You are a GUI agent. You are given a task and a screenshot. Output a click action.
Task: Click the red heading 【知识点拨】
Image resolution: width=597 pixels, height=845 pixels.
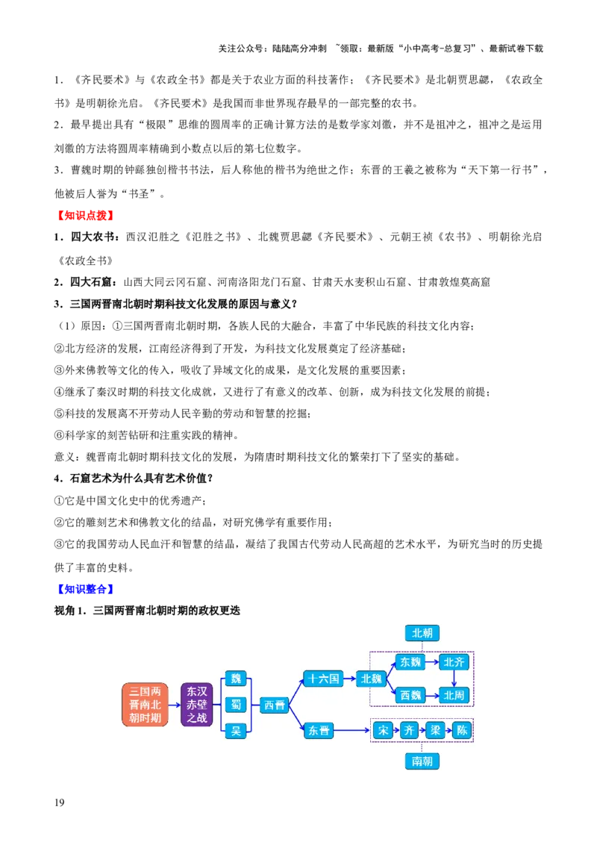85,216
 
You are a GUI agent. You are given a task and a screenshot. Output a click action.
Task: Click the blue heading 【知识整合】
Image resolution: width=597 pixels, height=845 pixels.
85,589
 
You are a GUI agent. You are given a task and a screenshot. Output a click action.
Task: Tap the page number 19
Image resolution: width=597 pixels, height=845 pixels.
59,802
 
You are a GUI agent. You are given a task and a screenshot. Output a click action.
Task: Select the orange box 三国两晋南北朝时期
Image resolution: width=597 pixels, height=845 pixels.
145,705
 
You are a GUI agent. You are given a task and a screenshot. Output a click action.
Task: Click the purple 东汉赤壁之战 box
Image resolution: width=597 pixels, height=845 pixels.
197,705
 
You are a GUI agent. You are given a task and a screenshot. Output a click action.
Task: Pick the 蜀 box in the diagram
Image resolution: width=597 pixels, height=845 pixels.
236,705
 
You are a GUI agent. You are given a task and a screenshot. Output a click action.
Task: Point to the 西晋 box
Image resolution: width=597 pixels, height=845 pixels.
275,705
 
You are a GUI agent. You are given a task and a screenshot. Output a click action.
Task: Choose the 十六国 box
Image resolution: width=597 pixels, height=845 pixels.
323,679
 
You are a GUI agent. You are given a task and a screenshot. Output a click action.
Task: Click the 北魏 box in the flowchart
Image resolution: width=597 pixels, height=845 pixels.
371,679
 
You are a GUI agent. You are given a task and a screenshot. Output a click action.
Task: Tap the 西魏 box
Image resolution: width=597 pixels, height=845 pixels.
410,695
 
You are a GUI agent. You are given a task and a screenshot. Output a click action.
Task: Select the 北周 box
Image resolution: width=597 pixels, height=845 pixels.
454,695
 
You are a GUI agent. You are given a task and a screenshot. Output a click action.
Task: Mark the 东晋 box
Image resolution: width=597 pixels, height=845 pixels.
319,731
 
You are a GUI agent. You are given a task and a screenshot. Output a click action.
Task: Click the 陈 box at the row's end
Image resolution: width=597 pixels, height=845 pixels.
462,731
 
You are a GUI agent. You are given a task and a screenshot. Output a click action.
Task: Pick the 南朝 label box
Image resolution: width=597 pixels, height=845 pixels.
422,761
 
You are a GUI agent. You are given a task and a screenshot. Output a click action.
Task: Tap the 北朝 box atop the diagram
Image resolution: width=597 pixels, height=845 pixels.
422,633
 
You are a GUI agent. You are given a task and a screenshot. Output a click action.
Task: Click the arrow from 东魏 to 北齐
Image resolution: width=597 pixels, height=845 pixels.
433,662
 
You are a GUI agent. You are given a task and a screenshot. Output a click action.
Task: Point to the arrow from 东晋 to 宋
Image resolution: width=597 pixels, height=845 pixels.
353,731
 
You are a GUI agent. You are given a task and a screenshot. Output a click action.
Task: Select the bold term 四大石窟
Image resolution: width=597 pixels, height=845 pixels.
91,282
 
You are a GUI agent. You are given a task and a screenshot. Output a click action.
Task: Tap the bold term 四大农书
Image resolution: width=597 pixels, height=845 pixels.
92,237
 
